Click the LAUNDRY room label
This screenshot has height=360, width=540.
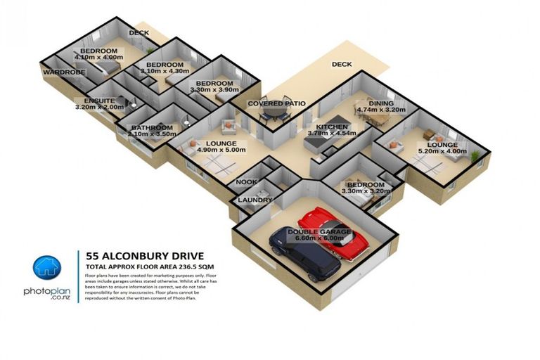click(255, 200)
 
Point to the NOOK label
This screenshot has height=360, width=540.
click(246, 181)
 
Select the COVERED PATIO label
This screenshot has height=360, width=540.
click(276, 104)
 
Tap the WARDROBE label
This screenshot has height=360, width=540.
click(63, 72)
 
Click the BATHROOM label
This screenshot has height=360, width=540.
click(151, 127)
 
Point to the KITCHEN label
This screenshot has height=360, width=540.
click(332, 126)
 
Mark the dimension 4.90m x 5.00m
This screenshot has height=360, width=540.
click(221, 150)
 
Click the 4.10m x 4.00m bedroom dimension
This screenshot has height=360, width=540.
click(101, 58)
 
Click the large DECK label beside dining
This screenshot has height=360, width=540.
click(342, 65)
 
